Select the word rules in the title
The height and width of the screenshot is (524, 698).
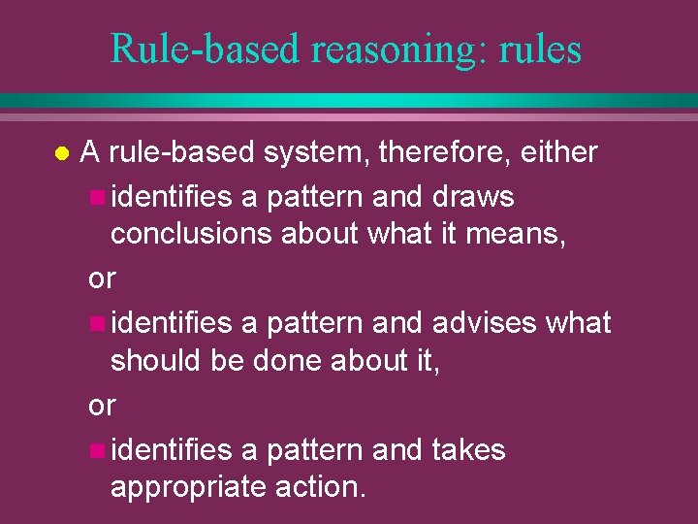[x=542, y=48]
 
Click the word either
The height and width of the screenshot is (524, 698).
[x=559, y=152]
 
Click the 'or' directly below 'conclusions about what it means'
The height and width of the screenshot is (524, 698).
[x=102, y=278]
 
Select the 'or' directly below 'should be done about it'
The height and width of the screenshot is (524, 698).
[x=102, y=405]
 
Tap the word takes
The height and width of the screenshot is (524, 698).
[x=468, y=449]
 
